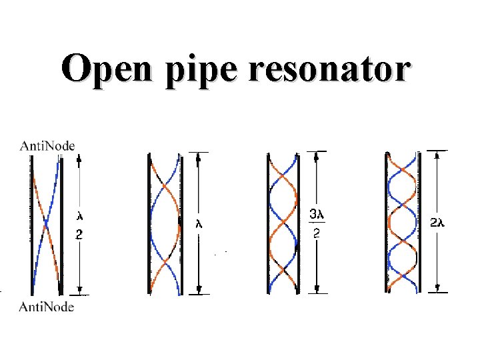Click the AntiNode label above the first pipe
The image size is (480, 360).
(x=47, y=145)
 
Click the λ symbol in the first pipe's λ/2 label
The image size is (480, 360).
(x=80, y=215)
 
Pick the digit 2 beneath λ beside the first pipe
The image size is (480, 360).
(x=80, y=235)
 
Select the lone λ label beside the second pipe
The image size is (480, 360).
(x=199, y=224)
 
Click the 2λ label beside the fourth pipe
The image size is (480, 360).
(x=437, y=224)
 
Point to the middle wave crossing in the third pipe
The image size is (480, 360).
(x=283, y=224)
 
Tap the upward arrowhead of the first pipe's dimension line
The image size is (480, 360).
(x=79, y=159)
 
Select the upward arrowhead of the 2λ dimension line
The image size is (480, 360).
(x=437, y=155)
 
